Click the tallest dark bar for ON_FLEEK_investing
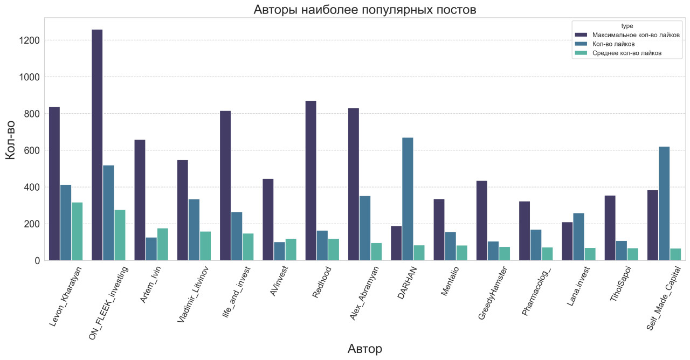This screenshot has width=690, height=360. [x=97, y=145]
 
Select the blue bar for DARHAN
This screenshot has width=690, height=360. [x=408, y=199]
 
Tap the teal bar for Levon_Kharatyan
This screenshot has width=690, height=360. [x=77, y=231]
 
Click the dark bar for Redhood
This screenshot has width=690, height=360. [x=310, y=181]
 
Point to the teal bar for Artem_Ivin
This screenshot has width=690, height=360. [x=162, y=244]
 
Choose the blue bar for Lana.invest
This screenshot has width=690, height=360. [x=578, y=237]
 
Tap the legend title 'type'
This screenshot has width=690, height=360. [x=627, y=25]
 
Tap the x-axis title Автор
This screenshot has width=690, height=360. [x=364, y=349]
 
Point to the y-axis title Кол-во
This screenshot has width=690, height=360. [x=11, y=139]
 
